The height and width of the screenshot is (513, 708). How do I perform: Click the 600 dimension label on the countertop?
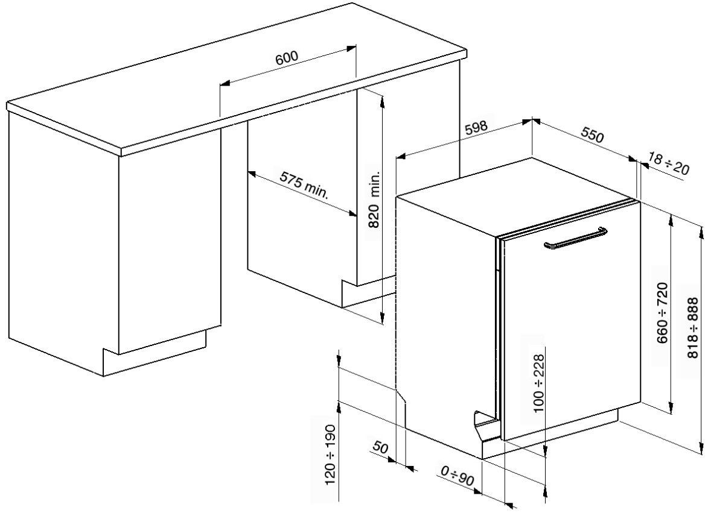[x=287, y=57]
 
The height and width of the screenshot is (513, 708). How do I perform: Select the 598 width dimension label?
[x=476, y=128]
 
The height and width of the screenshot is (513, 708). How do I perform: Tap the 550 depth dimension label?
[x=592, y=135]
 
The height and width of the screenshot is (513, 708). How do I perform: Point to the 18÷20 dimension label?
[x=668, y=163]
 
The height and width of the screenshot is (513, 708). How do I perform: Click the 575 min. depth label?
[x=304, y=184]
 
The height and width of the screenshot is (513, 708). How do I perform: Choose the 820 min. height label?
[x=374, y=200]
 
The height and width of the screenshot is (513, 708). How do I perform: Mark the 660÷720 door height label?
[x=662, y=312]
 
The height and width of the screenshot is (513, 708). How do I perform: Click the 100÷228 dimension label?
[x=538, y=383]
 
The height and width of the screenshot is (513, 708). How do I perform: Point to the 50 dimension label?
[x=380, y=448]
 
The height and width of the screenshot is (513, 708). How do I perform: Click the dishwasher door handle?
[x=575, y=238]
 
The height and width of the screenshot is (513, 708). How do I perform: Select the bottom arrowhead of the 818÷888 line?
[x=701, y=448]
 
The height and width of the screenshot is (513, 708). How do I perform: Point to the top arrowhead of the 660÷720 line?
[x=671, y=221]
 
